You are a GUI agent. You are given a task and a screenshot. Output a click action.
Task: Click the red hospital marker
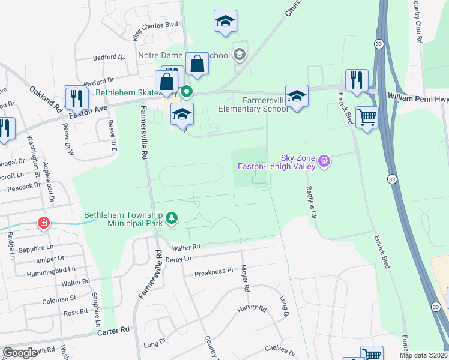(44, 224)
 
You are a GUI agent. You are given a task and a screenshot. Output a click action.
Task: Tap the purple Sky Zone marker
(325, 161)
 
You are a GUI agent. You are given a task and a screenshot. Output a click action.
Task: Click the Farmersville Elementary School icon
(297, 96)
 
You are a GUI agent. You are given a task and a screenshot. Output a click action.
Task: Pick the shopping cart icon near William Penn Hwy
(367, 117)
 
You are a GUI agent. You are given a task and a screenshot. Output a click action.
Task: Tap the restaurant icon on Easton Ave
(75, 96)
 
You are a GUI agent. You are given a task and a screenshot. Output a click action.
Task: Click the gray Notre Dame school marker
(240, 56)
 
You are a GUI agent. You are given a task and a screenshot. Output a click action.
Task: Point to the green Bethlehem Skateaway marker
(187, 92)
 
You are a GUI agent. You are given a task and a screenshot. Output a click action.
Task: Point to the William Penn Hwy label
(417, 96)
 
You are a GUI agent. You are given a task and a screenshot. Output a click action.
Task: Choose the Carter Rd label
(113, 331)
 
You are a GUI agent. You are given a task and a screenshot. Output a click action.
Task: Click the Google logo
(20, 353)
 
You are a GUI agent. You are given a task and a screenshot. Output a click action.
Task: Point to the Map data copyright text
(423, 355)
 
